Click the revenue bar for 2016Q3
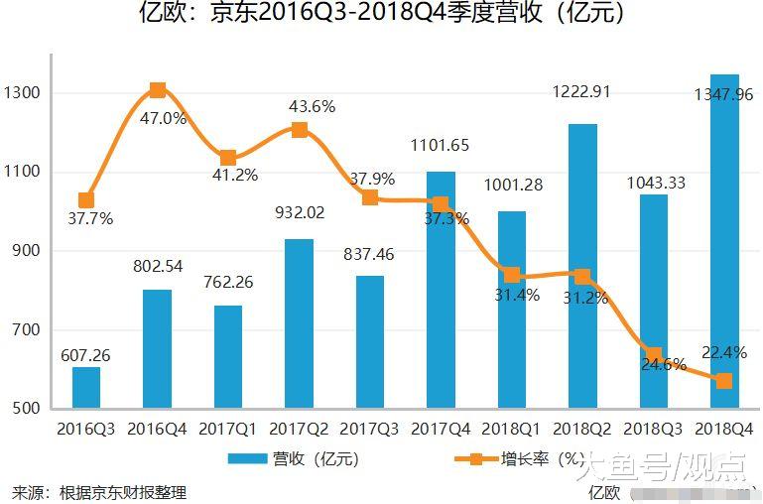86,388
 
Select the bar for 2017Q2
299,323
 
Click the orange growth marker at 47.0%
158,90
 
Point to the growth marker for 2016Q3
86,200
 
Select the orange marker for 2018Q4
724,381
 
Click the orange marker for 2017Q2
299,130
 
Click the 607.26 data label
85,353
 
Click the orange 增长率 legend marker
475,459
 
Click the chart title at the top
381,15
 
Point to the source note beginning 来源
99,492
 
